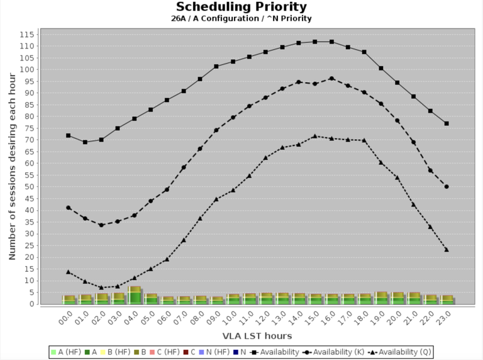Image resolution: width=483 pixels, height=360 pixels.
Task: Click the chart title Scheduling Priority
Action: [241, 7]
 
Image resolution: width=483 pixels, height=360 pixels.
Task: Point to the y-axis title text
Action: [13, 166]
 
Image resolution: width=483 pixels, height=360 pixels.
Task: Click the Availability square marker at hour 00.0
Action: [69, 135]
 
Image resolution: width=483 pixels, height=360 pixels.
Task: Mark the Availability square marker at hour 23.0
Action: [447, 123]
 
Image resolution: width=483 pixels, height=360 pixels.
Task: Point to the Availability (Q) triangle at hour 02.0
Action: [101, 287]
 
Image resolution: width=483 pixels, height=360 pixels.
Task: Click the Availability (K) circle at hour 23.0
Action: [447, 186]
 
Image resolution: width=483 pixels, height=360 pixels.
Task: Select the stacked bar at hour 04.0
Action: [135, 295]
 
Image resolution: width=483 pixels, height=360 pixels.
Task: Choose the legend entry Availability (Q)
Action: [399, 352]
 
